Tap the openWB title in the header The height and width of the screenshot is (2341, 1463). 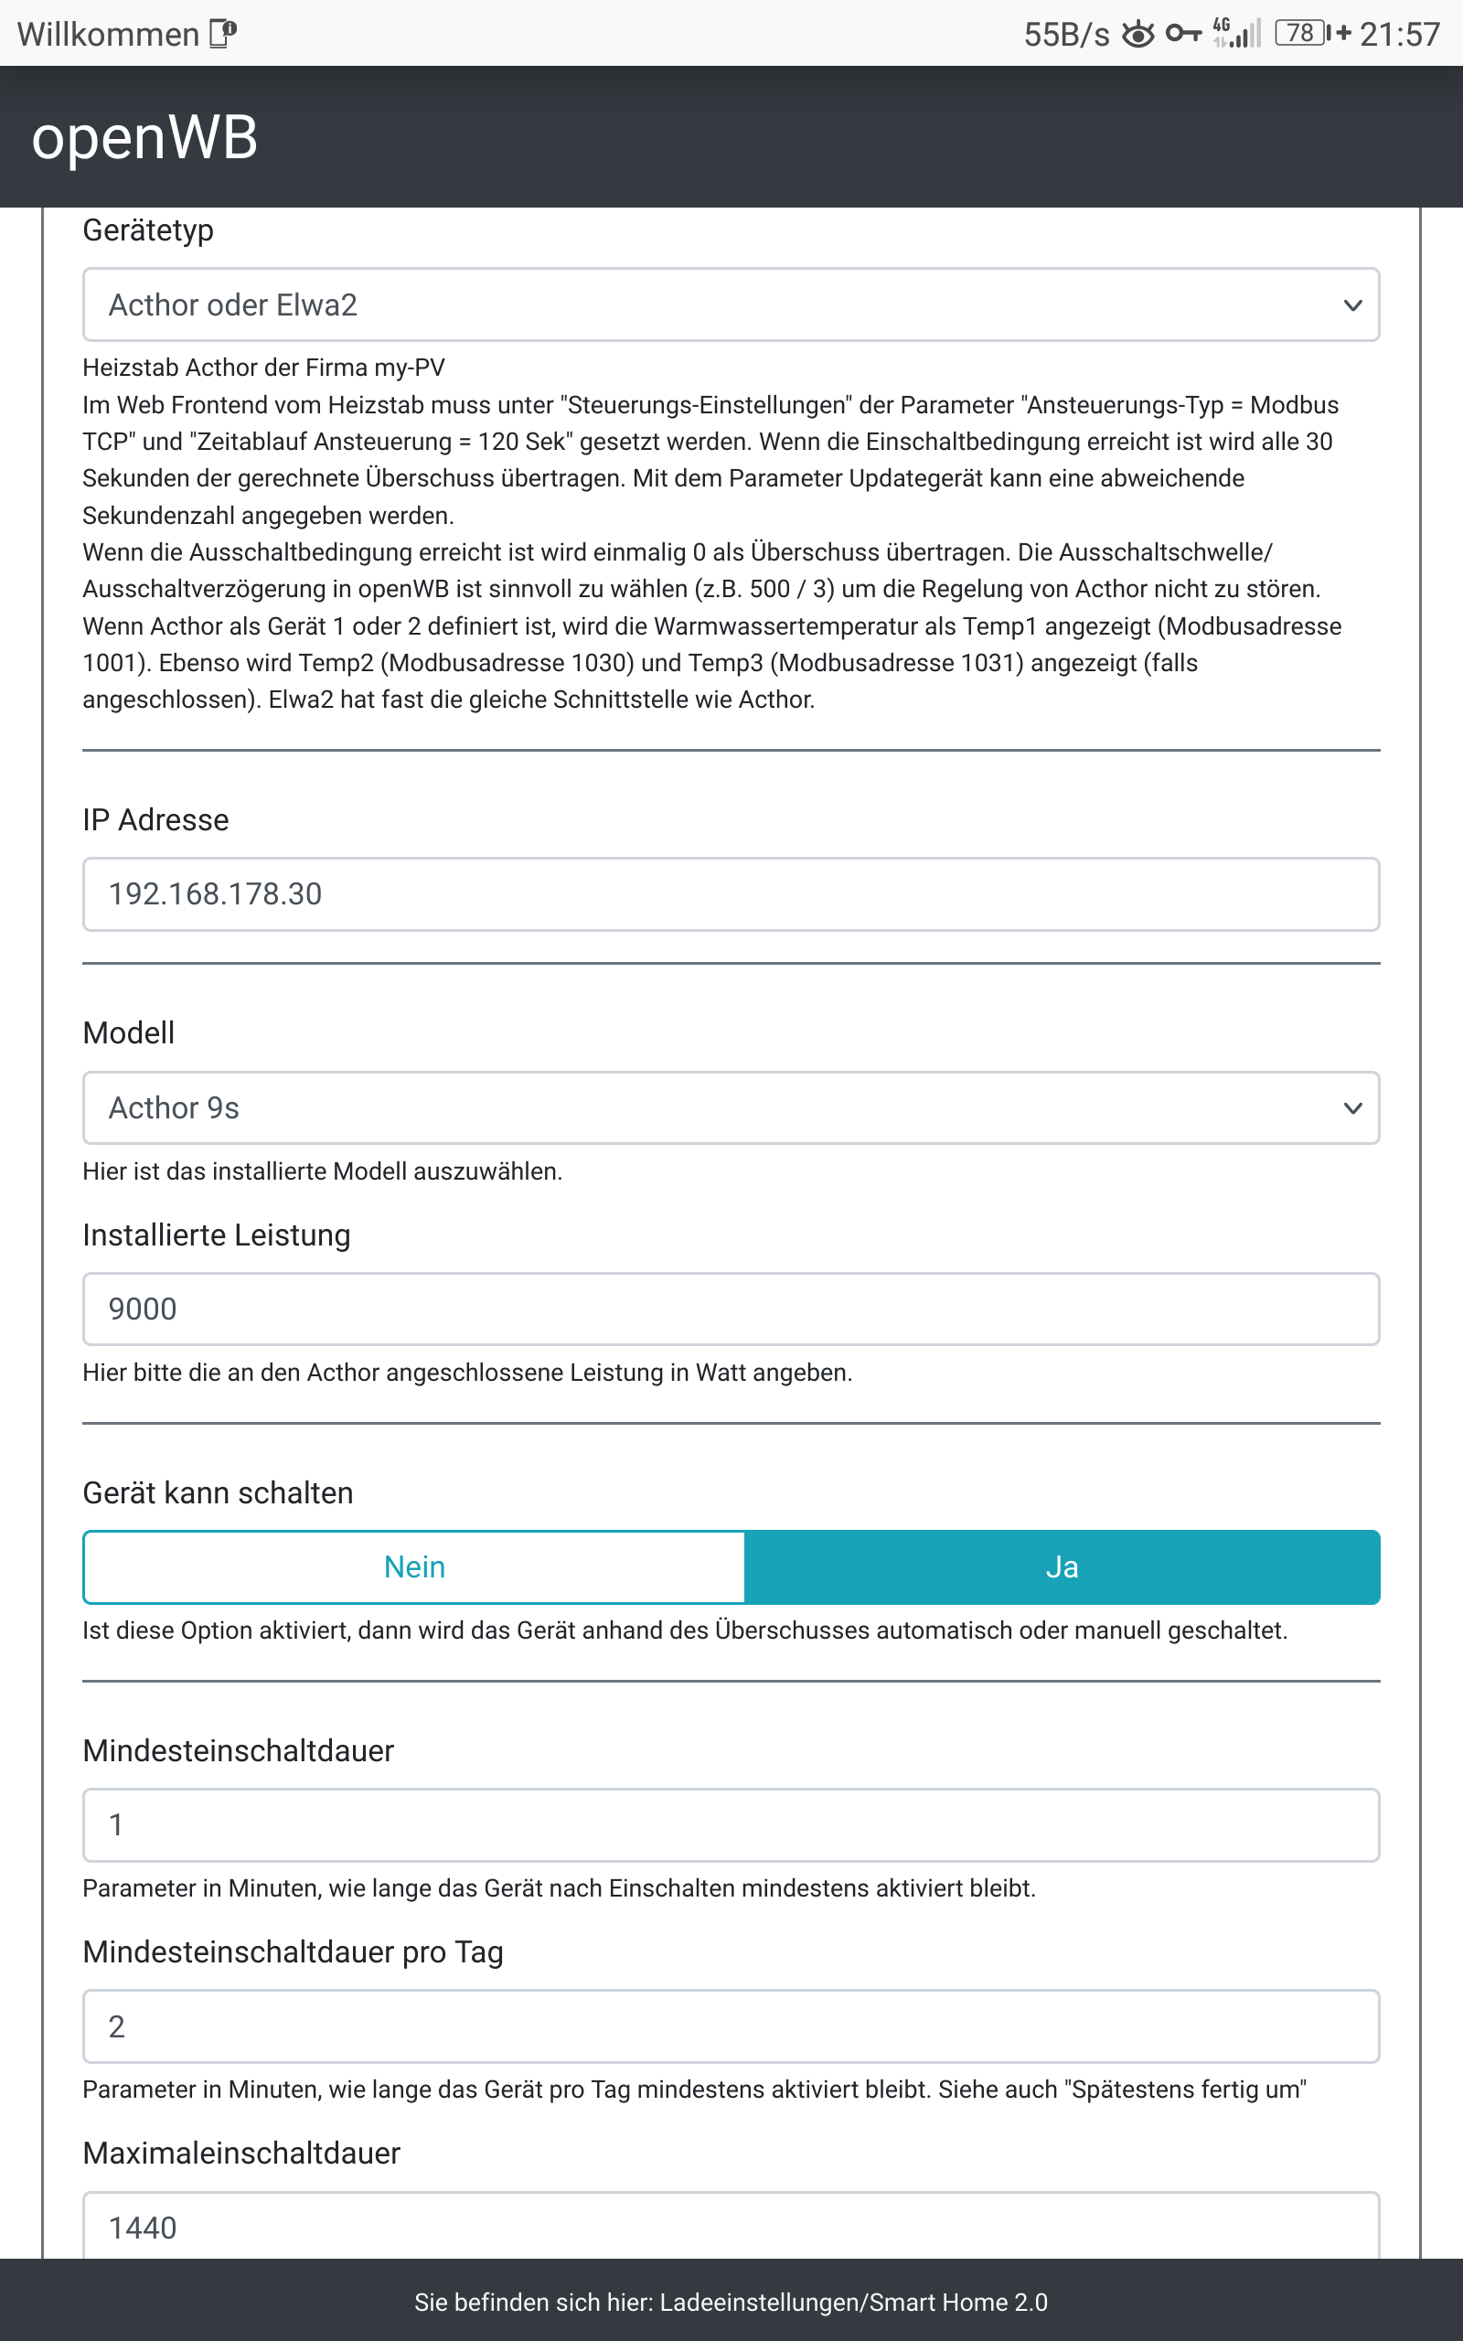(144, 136)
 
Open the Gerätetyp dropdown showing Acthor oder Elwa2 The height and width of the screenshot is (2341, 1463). (731, 305)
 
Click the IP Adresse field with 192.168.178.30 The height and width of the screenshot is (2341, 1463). (731, 893)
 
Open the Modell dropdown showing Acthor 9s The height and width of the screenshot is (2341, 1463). (731, 1107)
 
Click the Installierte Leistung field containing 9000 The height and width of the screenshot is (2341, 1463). (731, 1309)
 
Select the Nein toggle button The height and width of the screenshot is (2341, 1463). (414, 1567)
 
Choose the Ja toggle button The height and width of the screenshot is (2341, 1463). (1062, 1567)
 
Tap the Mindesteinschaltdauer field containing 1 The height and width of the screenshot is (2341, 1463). (731, 1824)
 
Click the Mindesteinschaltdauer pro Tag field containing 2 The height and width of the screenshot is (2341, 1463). (731, 2026)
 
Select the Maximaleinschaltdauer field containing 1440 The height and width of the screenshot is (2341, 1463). (731, 2227)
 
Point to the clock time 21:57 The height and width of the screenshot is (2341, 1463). (1399, 35)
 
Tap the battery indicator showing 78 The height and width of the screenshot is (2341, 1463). (1301, 34)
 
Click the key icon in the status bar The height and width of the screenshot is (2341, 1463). (1182, 35)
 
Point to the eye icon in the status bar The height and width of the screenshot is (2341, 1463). (1137, 35)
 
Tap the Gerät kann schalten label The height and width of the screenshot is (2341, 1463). (218, 1492)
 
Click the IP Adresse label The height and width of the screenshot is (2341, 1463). (155, 819)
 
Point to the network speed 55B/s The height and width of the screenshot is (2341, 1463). (1066, 35)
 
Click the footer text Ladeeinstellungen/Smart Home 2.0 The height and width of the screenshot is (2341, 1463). (853, 2303)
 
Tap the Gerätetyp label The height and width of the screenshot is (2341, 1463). (148, 230)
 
